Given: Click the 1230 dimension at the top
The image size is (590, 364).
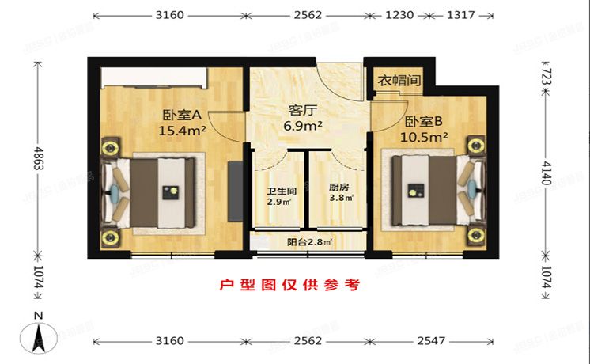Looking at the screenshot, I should click(x=398, y=14).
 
